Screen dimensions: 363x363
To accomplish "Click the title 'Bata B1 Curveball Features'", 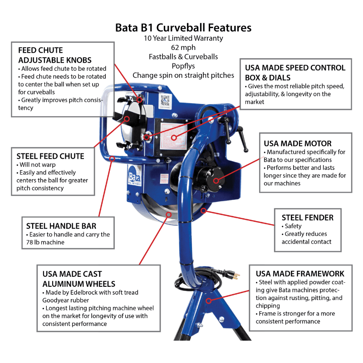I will tap(183, 28).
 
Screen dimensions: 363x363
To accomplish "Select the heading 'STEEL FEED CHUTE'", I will tap(50, 156).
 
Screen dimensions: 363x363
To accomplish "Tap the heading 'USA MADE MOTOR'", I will tap(298, 143).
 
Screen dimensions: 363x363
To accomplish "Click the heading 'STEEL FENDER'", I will tap(307, 217).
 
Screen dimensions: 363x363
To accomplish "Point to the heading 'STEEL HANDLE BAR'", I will tap(61, 226).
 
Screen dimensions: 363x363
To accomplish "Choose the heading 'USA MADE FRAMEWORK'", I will tap(300, 273).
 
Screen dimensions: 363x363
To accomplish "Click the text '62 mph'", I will tap(183, 48).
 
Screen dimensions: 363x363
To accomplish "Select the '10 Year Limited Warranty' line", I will tap(183, 39).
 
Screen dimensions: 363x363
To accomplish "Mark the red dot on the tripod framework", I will tap(208, 300).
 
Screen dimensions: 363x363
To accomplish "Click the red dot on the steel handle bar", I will tap(112, 158).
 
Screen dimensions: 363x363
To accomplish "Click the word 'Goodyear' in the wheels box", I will tap(59, 300).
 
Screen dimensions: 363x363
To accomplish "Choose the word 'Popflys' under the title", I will tap(183, 66).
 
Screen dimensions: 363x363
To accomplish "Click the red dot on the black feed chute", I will tap(127, 119).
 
